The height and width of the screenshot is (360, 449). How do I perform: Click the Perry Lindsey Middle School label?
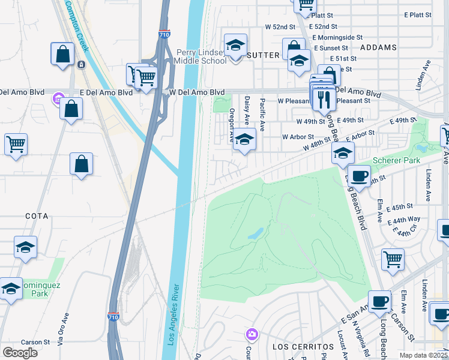click(200, 56)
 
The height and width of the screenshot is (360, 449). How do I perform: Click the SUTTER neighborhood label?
click(263, 55)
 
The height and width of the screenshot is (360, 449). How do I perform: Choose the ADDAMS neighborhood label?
click(379, 47)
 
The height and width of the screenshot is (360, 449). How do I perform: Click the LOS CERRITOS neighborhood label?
click(303, 347)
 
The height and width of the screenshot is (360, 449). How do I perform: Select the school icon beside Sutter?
click(236, 45)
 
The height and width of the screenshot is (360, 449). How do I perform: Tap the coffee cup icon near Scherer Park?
click(359, 176)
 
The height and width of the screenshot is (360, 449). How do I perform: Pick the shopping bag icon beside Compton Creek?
click(62, 54)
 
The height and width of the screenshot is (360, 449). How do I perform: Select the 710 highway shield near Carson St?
click(113, 316)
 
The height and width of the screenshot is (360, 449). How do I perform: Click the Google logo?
click(20, 353)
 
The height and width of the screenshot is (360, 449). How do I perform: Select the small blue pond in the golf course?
click(256, 233)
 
